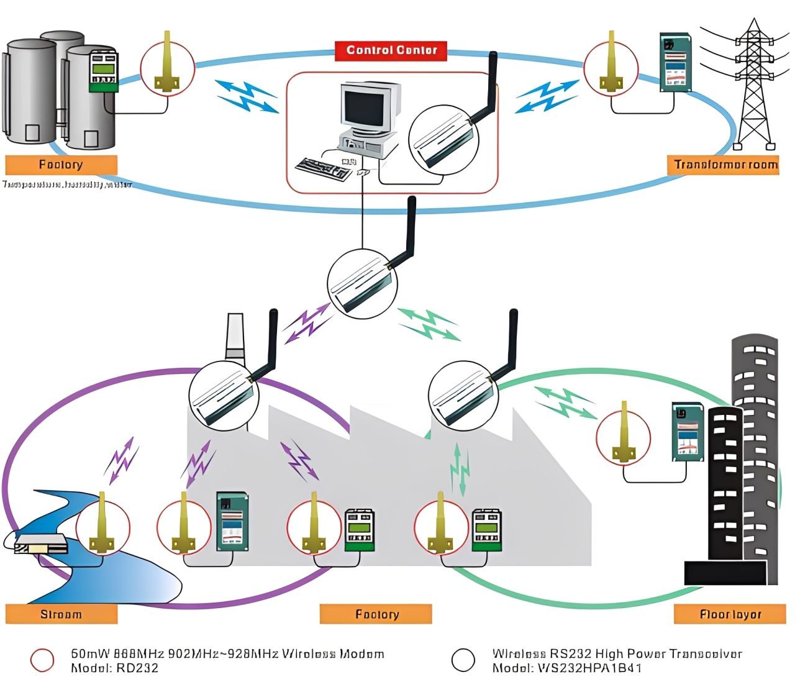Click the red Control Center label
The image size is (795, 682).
tap(391, 50)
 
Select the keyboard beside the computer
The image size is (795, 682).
tap(323, 168)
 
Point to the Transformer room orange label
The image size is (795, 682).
tap(725, 165)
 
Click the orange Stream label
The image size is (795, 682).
tap(61, 614)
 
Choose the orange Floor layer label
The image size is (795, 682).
tap(730, 614)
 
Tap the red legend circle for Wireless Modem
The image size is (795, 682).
tap(42, 660)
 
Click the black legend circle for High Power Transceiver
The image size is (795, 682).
tap(463, 660)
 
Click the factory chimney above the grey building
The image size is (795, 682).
tap(234, 335)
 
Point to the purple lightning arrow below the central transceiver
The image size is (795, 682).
tap(307, 324)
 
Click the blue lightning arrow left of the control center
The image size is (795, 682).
tap(247, 96)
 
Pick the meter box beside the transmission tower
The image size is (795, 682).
tap(675, 62)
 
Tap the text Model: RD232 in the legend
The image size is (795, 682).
tap(114, 668)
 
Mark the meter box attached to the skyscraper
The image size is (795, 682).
tap(687, 432)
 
